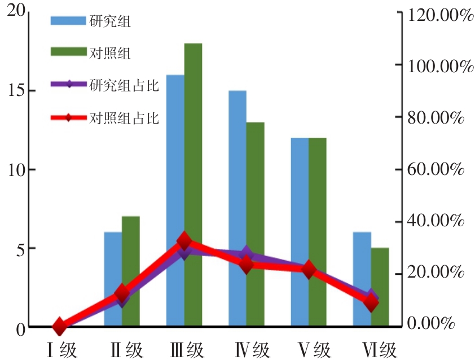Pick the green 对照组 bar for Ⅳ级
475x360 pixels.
[256, 226]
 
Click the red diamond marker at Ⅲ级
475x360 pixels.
[184, 242]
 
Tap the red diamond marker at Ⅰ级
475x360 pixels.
[60, 327]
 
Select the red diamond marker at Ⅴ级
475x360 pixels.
[309, 270]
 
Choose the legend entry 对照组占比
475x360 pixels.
[124, 118]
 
